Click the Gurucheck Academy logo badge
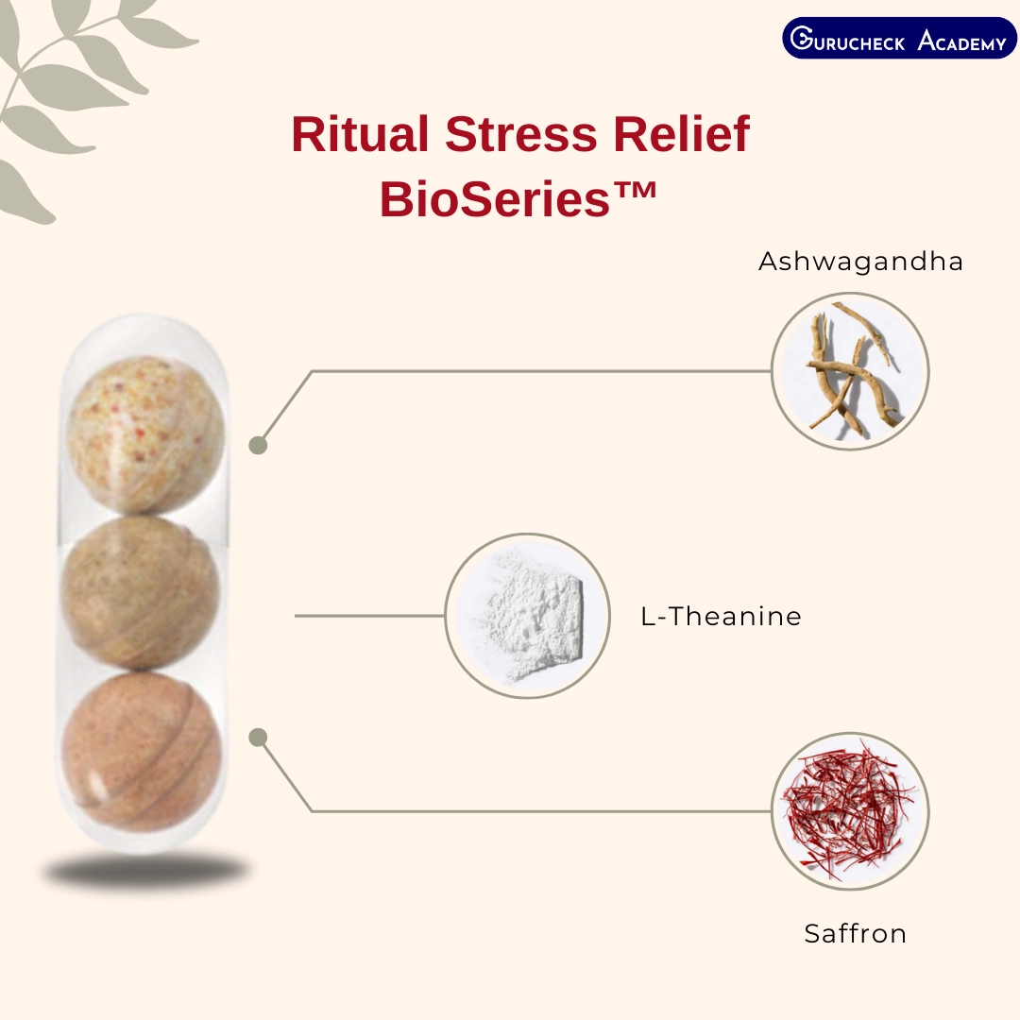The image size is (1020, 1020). coord(899,39)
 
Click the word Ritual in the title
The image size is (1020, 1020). coord(360,134)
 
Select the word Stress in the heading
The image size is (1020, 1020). coord(521,134)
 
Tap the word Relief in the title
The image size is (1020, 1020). coord(682,134)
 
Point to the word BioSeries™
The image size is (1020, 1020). coord(518,198)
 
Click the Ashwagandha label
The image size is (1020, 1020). coord(860,262)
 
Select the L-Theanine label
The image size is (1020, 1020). coord(721,616)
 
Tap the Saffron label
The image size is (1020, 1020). coord(855,933)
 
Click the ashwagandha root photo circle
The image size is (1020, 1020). coord(850,371)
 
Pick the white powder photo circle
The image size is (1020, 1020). coord(528,616)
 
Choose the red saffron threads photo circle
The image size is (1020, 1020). coord(850,811)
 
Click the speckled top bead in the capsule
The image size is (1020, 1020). coord(145,434)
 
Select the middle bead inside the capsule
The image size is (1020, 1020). coord(141,592)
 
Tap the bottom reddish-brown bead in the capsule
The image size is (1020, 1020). coord(142,752)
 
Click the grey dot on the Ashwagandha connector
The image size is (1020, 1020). coord(258,446)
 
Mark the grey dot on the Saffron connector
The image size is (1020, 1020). coord(258,737)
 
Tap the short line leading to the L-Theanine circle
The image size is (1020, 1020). coord(369,616)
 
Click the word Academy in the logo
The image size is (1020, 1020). coord(962,41)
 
